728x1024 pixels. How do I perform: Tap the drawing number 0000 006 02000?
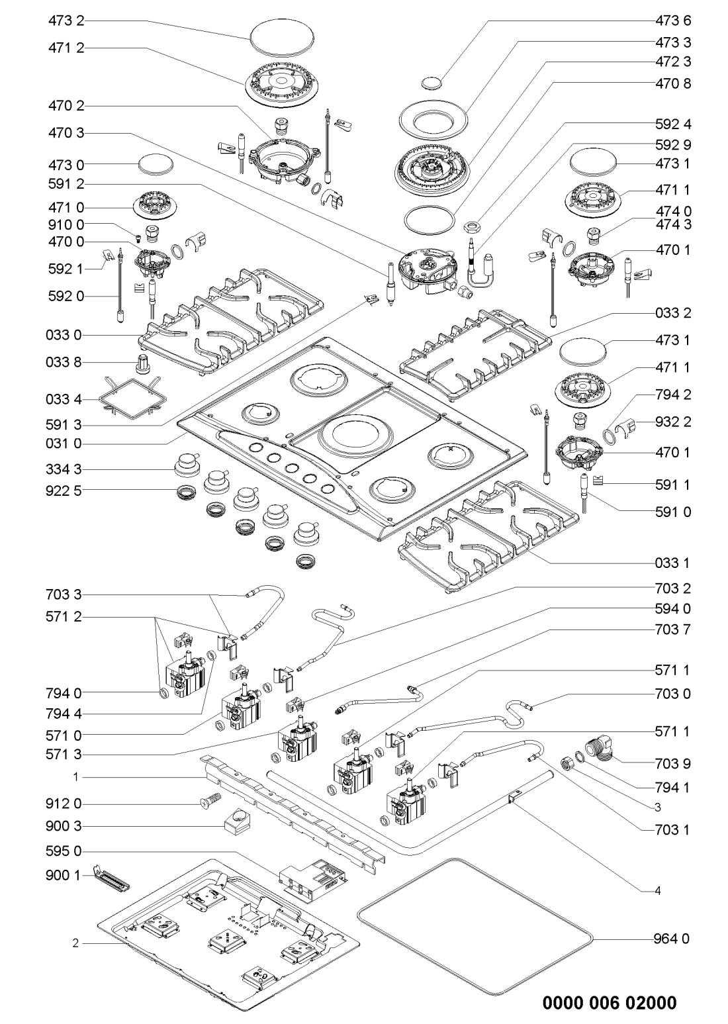610,1003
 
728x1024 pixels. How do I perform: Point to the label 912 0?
66,804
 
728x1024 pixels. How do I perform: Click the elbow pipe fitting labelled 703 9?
603,751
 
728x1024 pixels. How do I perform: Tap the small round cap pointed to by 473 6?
431,83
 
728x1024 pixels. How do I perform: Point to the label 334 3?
66,469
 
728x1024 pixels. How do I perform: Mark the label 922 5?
66,490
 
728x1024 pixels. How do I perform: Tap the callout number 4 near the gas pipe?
657,891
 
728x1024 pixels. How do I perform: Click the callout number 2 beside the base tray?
75,943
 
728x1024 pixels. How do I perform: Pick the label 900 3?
66,826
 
